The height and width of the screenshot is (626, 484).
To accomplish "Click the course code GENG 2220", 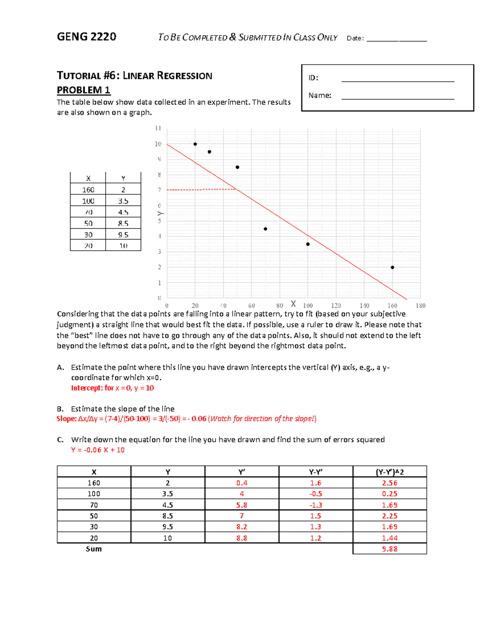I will click(86, 37).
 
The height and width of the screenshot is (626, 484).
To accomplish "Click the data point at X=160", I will click(392, 267).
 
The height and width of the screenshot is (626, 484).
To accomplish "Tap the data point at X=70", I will click(265, 229).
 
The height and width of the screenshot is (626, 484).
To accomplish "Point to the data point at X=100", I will click(308, 244).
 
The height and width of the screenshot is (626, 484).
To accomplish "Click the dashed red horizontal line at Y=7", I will click(202, 189).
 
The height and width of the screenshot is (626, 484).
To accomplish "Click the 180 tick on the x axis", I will click(420, 306).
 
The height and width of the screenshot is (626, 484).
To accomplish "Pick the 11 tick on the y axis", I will click(158, 128).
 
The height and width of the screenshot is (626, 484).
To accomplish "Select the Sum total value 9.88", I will click(390, 549).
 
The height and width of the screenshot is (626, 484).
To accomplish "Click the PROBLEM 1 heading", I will click(83, 90).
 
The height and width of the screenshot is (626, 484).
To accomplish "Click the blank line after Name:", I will click(397, 98).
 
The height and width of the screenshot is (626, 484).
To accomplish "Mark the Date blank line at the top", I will click(396, 40).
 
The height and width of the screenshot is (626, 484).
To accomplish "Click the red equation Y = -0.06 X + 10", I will click(98, 450).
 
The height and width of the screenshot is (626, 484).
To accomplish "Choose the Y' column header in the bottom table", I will click(242, 472).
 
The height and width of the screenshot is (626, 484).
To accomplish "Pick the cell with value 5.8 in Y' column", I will click(242, 505).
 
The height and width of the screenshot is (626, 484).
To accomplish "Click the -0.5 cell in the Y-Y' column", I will click(315, 494).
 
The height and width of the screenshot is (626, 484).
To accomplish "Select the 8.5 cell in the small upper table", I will click(123, 223).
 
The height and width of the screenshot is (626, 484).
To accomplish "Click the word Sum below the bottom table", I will click(94, 549).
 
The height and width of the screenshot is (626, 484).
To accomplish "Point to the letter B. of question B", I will click(60, 409).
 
